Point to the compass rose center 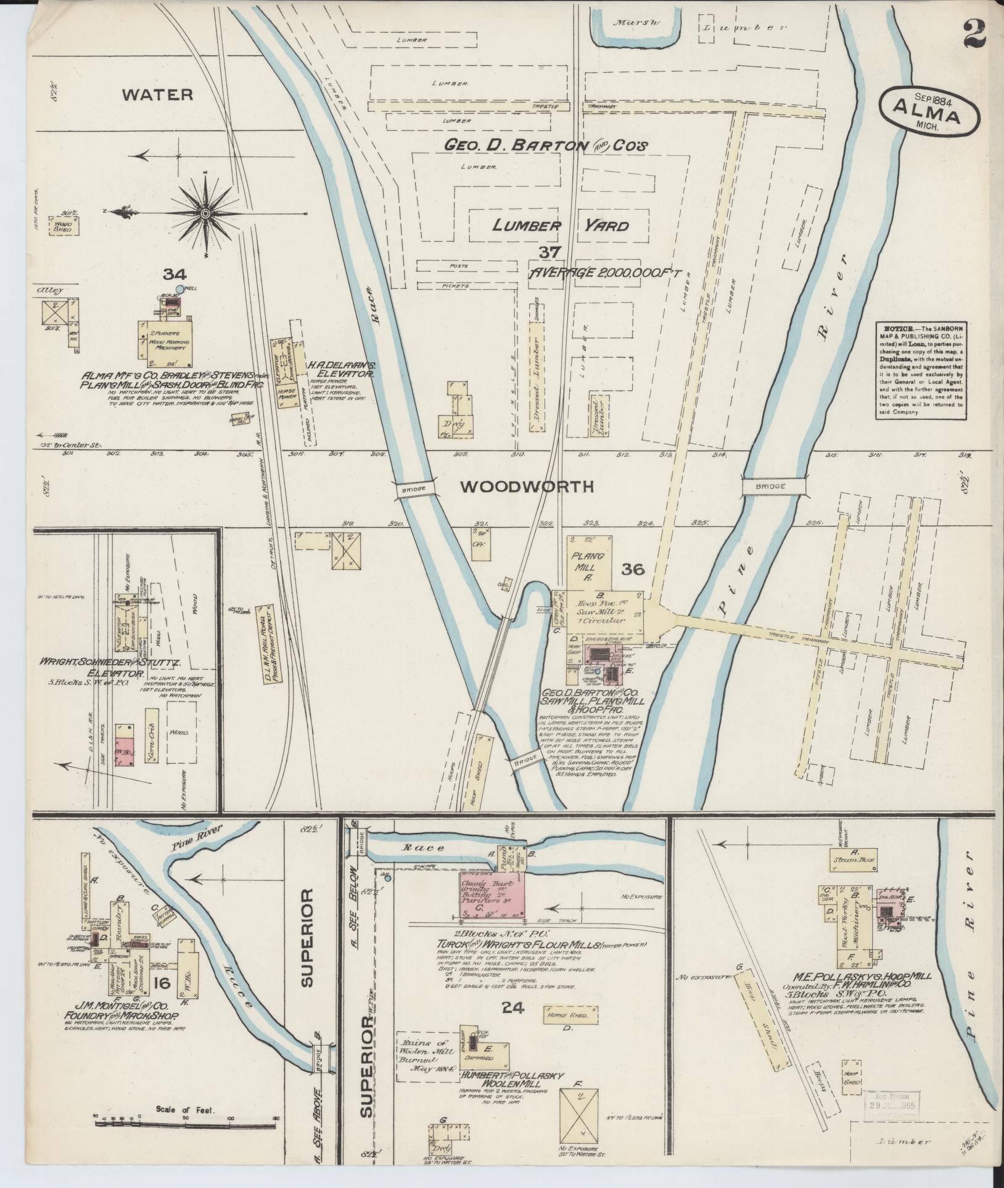[x=204, y=213]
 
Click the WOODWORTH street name [x=527, y=487]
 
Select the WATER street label [x=157, y=94]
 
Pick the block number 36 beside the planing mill [x=633, y=569]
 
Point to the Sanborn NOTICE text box [x=921, y=371]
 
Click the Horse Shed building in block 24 [x=570, y=1014]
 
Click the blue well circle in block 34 [x=179, y=289]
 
